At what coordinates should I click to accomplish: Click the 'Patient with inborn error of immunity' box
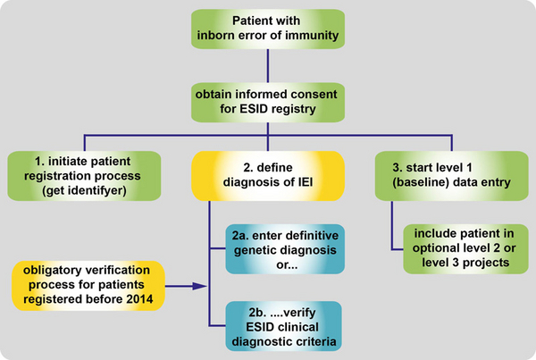point(268,29)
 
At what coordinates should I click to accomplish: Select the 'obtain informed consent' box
point(268,102)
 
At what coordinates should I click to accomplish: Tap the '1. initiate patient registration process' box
point(84,176)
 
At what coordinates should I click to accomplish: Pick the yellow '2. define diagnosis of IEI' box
point(268,176)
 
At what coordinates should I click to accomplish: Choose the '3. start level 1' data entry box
point(451,176)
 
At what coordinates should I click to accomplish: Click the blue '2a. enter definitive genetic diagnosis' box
point(285,249)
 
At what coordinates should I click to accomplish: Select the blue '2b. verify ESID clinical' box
point(284,326)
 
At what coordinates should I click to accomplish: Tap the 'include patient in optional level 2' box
point(465,249)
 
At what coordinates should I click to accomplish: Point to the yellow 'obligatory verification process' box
point(88,286)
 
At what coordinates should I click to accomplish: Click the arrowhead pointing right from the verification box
point(200,286)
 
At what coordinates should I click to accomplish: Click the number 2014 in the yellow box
point(139,299)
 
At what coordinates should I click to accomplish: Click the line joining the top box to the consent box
point(268,65)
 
